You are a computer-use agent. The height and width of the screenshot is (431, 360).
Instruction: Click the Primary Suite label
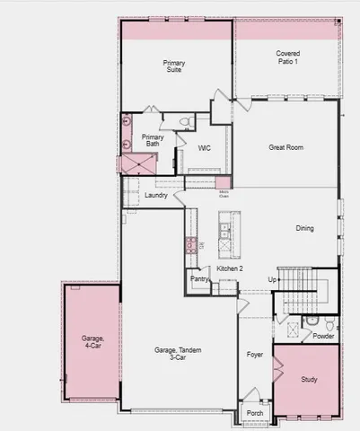point(173,66)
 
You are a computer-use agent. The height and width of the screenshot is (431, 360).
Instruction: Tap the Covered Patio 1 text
point(288,58)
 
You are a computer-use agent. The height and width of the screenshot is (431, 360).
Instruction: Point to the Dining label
point(305,228)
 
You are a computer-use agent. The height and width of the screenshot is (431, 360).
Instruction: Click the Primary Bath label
point(153,141)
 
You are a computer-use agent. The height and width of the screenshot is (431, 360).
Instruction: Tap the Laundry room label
point(156,195)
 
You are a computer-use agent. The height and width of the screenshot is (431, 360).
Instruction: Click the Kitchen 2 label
point(231,268)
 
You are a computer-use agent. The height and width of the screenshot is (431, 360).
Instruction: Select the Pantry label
point(199,279)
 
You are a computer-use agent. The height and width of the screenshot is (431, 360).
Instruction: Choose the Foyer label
point(255,355)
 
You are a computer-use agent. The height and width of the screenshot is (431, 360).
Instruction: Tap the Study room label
point(309,380)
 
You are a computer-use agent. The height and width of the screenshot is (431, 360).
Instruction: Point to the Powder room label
point(323,337)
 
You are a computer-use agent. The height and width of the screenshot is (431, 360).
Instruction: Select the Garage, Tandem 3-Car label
point(170,354)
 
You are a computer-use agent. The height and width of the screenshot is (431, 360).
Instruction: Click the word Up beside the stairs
point(272,279)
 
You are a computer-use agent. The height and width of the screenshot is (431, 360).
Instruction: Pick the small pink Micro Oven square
point(223,183)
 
